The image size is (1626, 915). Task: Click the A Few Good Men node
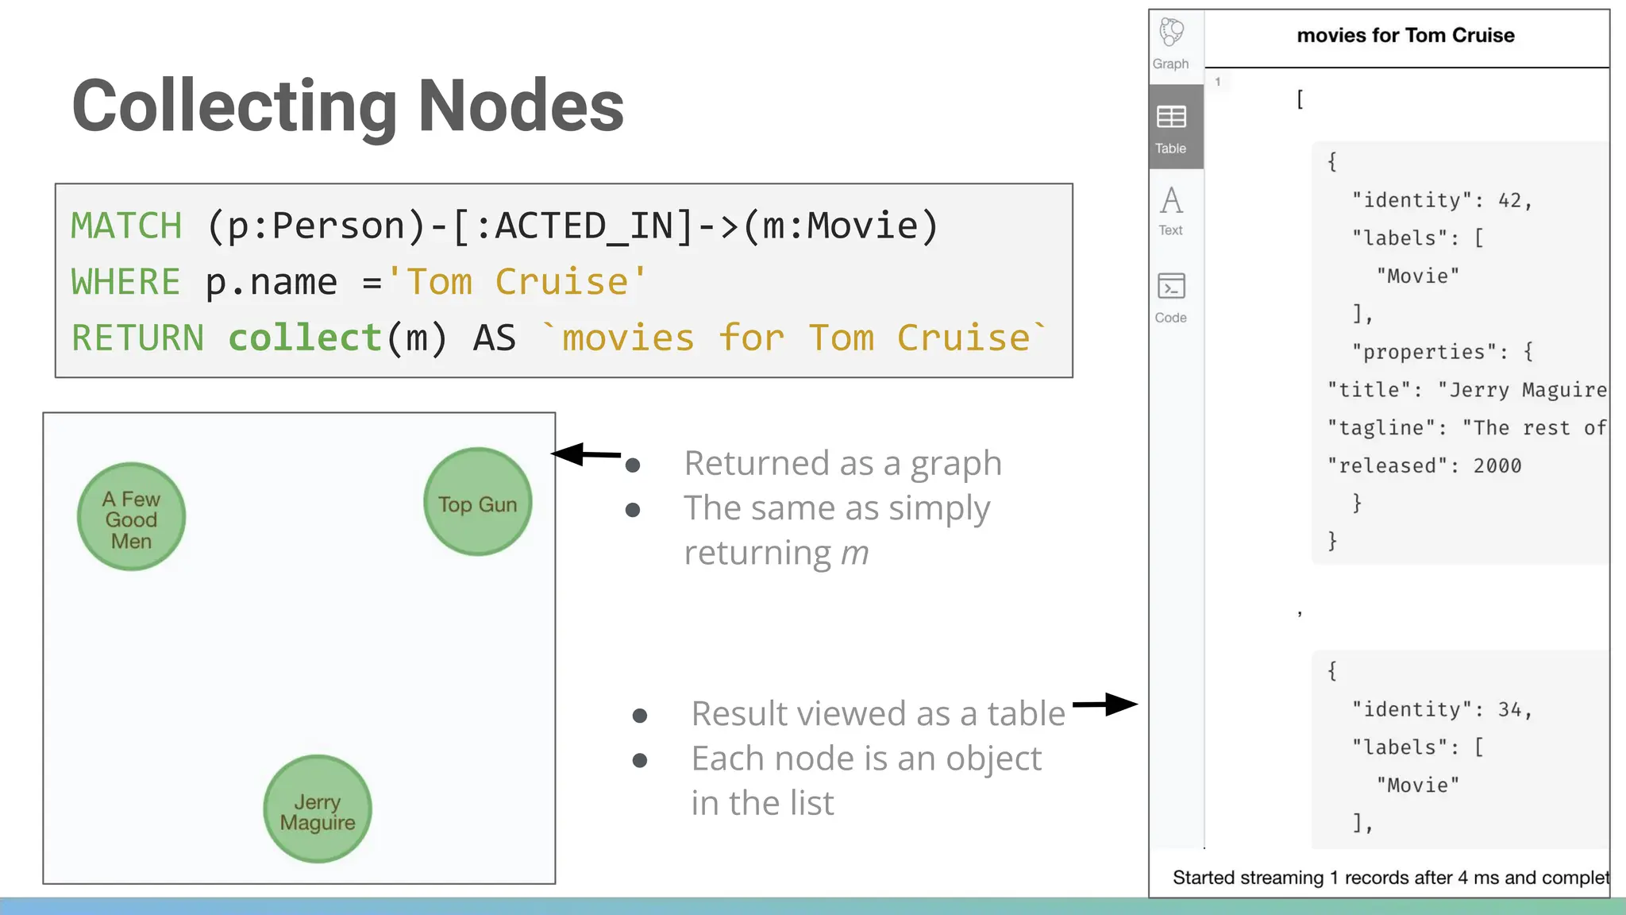[131, 517]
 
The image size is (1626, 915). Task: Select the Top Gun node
[477, 502]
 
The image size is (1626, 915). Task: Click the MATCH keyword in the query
[126, 226]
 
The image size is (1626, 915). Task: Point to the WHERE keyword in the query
[126, 282]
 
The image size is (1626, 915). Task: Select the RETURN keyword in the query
[137, 338]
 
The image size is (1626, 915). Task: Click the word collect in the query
[306, 338]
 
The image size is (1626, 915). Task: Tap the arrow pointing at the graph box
[586, 454]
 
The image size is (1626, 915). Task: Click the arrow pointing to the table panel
[1104, 704]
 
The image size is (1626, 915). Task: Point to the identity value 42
[1509, 200]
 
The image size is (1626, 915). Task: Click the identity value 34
[1509, 709]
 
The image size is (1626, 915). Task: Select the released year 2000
[1497, 466]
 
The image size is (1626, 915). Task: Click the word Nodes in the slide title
[521, 106]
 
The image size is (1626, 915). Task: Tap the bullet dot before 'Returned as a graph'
[633, 465]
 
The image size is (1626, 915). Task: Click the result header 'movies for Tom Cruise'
[1405, 36]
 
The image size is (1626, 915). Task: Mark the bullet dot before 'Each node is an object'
[640, 761]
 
